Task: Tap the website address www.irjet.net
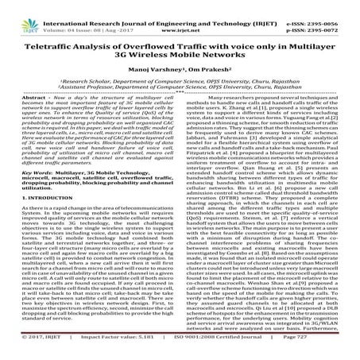[x=178, y=14]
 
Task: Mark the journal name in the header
[x=178, y=6]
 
